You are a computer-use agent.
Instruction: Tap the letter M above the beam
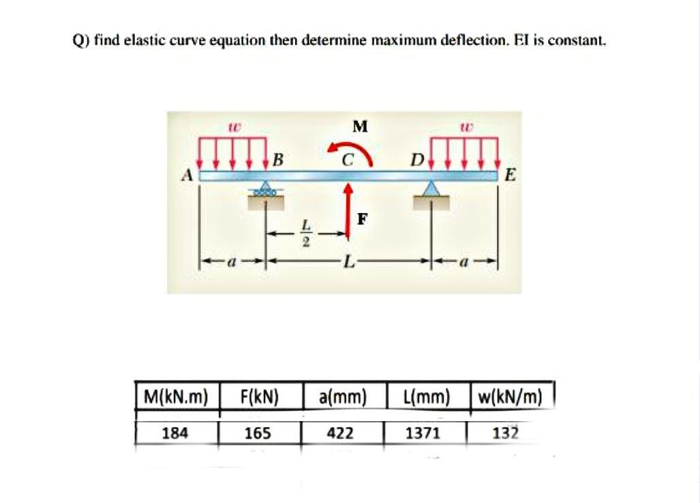point(360,126)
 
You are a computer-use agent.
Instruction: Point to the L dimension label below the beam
point(350,261)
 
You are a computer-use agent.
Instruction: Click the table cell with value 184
point(176,433)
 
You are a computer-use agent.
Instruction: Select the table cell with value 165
point(259,433)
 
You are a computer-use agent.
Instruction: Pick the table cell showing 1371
point(424,433)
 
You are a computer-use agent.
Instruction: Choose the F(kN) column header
point(259,397)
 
